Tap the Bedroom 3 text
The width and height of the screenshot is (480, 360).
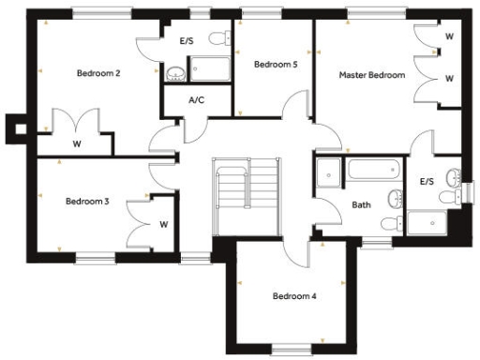tap(88, 201)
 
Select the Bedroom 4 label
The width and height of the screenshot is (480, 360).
tap(294, 296)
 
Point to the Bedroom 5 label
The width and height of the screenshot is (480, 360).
tap(275, 65)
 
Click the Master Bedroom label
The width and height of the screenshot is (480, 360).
tap(372, 74)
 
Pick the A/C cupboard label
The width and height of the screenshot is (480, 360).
tap(197, 99)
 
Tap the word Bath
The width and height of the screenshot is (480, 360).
tap(361, 204)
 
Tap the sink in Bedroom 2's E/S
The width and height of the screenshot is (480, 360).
tap(175, 73)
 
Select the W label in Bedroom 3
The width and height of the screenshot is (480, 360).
tap(163, 224)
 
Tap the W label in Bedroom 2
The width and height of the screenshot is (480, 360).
tap(77, 143)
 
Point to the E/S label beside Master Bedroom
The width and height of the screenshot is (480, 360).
tap(427, 181)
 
